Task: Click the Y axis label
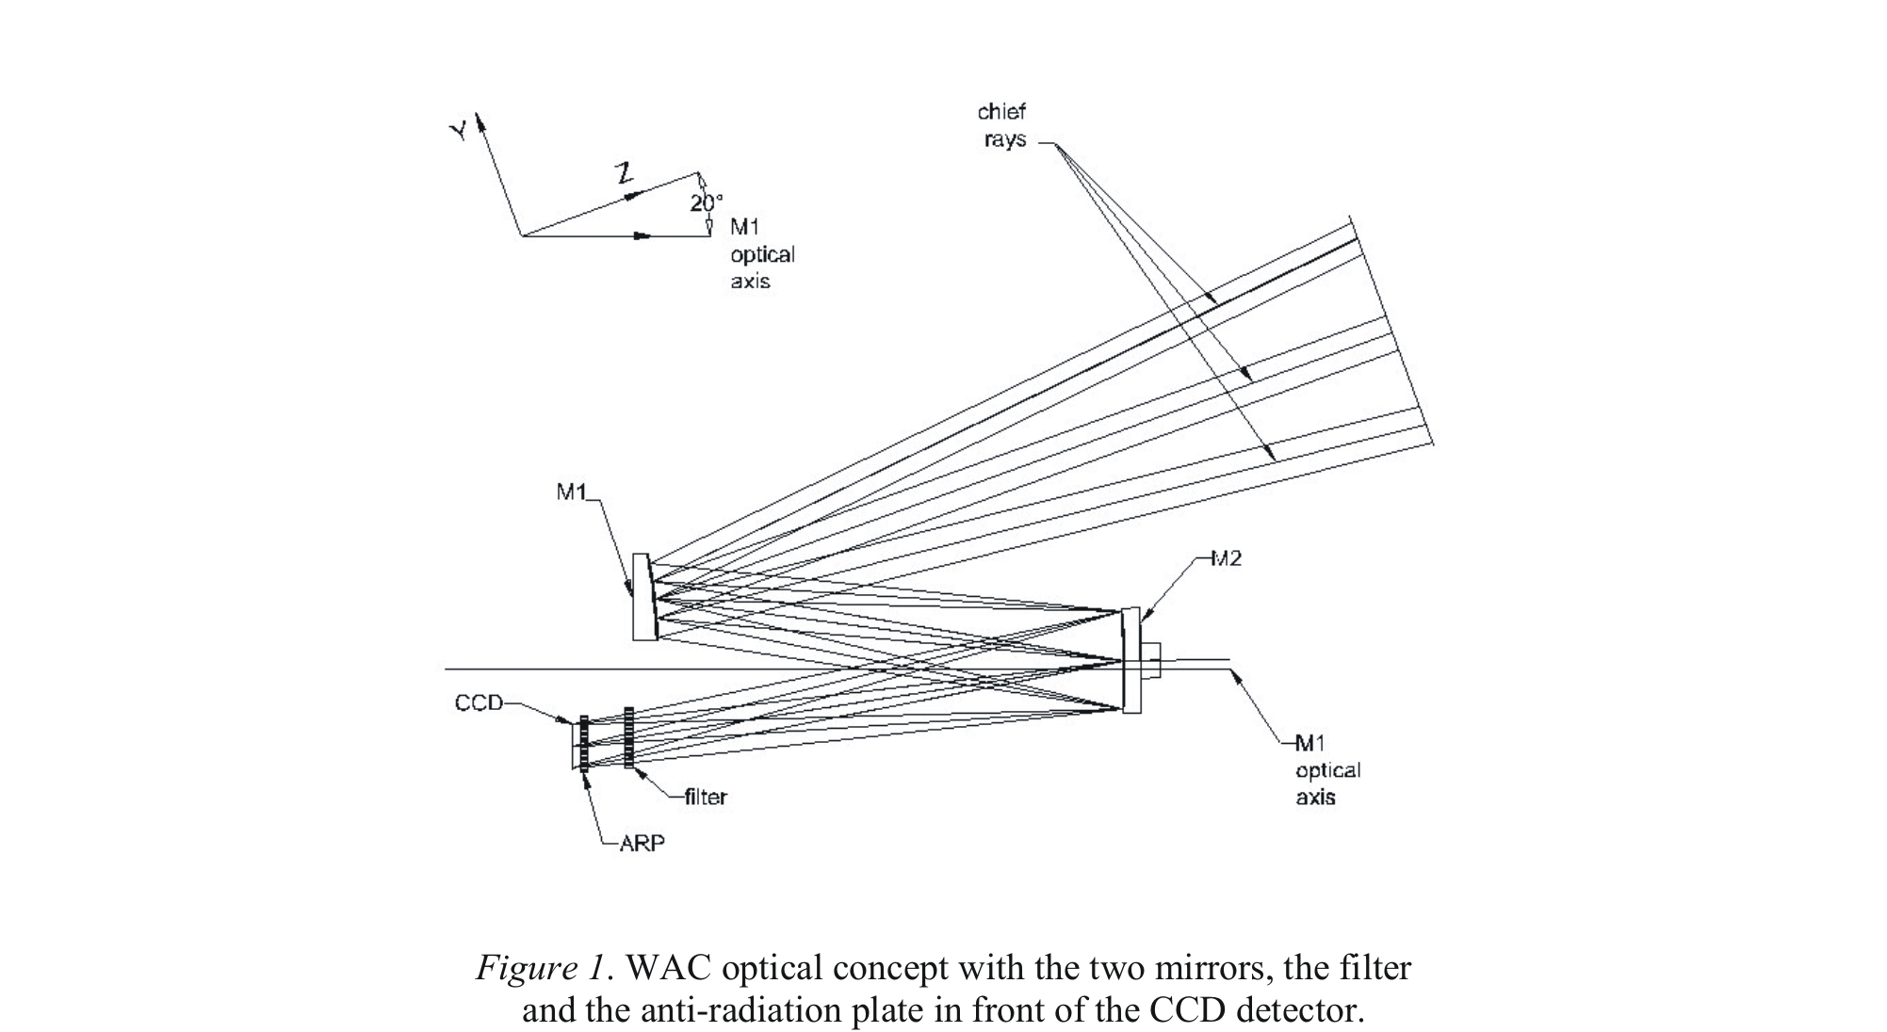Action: tap(459, 131)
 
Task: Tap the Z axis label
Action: tap(623, 173)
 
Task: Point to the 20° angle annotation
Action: tap(706, 202)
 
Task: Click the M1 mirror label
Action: tap(571, 492)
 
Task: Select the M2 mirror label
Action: tap(1226, 558)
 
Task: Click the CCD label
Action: tap(479, 702)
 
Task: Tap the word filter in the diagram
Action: tap(706, 798)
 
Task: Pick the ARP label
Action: tap(642, 844)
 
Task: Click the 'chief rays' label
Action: tap(1001, 125)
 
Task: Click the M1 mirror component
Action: tap(644, 597)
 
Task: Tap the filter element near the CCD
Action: tap(628, 738)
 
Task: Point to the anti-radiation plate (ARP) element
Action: tap(584, 744)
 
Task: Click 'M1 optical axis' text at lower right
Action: tap(1327, 770)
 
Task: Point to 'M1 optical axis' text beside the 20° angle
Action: tap(761, 254)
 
